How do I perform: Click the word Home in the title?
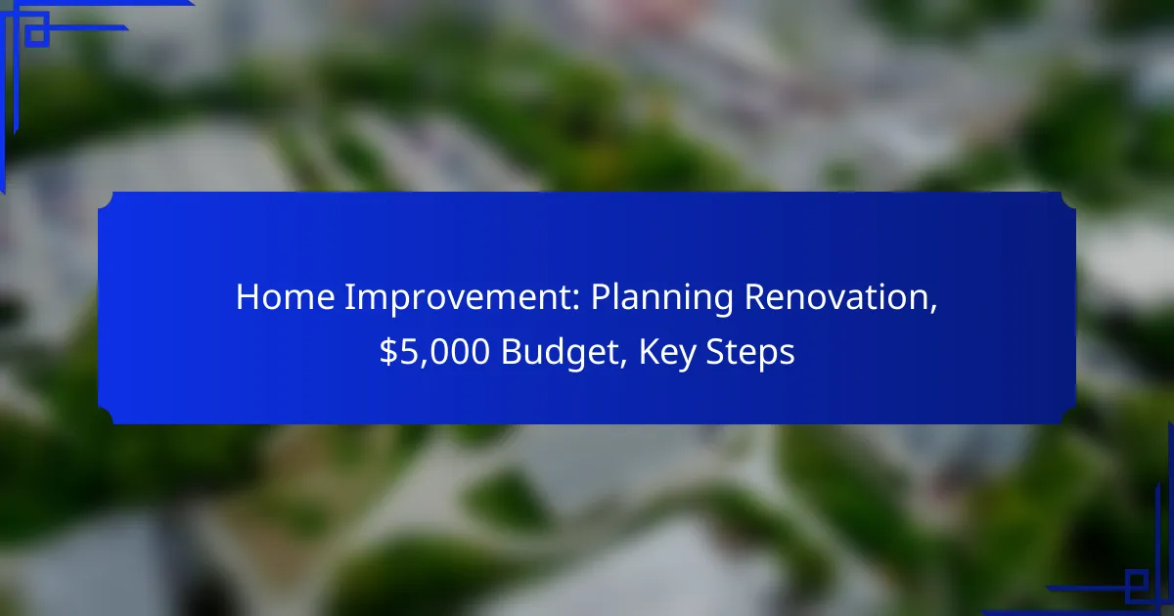[x=285, y=297]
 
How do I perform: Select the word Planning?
[x=662, y=299]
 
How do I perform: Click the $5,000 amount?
[x=434, y=352]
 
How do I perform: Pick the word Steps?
[x=750, y=354]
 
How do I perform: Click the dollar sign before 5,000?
[x=388, y=351]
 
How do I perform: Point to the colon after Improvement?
[x=575, y=301]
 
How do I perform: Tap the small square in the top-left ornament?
[x=37, y=34]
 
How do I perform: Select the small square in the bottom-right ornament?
[x=1136, y=582]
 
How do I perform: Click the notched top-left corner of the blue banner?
[x=106, y=199]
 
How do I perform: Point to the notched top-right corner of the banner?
[x=1068, y=199]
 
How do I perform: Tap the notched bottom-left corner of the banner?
[x=106, y=417]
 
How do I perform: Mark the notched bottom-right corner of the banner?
[x=1068, y=417]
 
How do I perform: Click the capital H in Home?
[x=248, y=297]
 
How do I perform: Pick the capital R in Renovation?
[x=755, y=297]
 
